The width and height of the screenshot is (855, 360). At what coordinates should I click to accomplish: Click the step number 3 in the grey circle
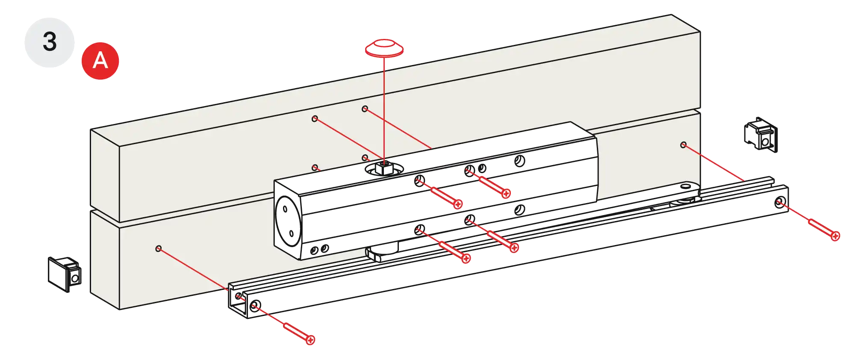point(50,42)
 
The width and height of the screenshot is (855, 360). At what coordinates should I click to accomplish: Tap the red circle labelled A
point(100,60)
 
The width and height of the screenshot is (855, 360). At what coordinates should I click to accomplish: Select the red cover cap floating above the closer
point(384,48)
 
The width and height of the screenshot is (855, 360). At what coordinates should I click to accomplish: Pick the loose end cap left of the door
point(64,274)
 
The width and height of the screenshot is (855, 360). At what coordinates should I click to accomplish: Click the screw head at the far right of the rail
point(836,236)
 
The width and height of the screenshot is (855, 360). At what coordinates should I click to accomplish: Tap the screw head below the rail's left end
point(311,340)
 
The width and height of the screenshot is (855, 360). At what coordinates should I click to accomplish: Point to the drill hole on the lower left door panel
point(158,248)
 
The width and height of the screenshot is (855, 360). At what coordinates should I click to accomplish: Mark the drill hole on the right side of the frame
point(683,145)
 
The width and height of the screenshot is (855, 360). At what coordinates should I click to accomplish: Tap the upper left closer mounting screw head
point(458,204)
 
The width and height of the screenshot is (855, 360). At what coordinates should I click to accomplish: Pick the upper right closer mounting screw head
point(506,194)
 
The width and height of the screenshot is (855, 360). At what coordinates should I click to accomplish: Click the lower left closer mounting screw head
point(466,258)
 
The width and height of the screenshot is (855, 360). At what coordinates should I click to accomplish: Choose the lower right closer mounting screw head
point(514,248)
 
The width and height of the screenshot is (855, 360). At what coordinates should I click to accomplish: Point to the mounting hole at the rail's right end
point(779,203)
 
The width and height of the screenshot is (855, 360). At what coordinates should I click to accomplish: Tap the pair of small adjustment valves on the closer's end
point(319,249)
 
